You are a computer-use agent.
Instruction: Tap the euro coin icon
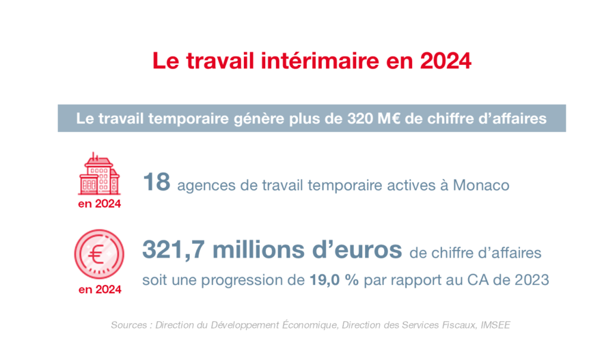(99, 254)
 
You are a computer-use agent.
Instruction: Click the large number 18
(156, 182)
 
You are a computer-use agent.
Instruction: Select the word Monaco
(481, 185)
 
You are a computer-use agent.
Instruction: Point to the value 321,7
(173, 250)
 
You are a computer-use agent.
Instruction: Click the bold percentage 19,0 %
(334, 280)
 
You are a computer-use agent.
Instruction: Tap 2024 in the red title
(446, 61)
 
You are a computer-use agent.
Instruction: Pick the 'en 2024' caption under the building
(99, 204)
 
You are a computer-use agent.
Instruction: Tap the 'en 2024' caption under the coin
(100, 290)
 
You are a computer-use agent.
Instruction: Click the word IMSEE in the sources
(495, 325)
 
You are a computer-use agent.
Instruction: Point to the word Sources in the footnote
(128, 325)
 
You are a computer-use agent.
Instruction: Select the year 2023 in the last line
(532, 280)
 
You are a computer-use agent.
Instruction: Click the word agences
(206, 186)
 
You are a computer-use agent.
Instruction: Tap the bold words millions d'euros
(307, 250)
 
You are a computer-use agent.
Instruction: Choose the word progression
(253, 280)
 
